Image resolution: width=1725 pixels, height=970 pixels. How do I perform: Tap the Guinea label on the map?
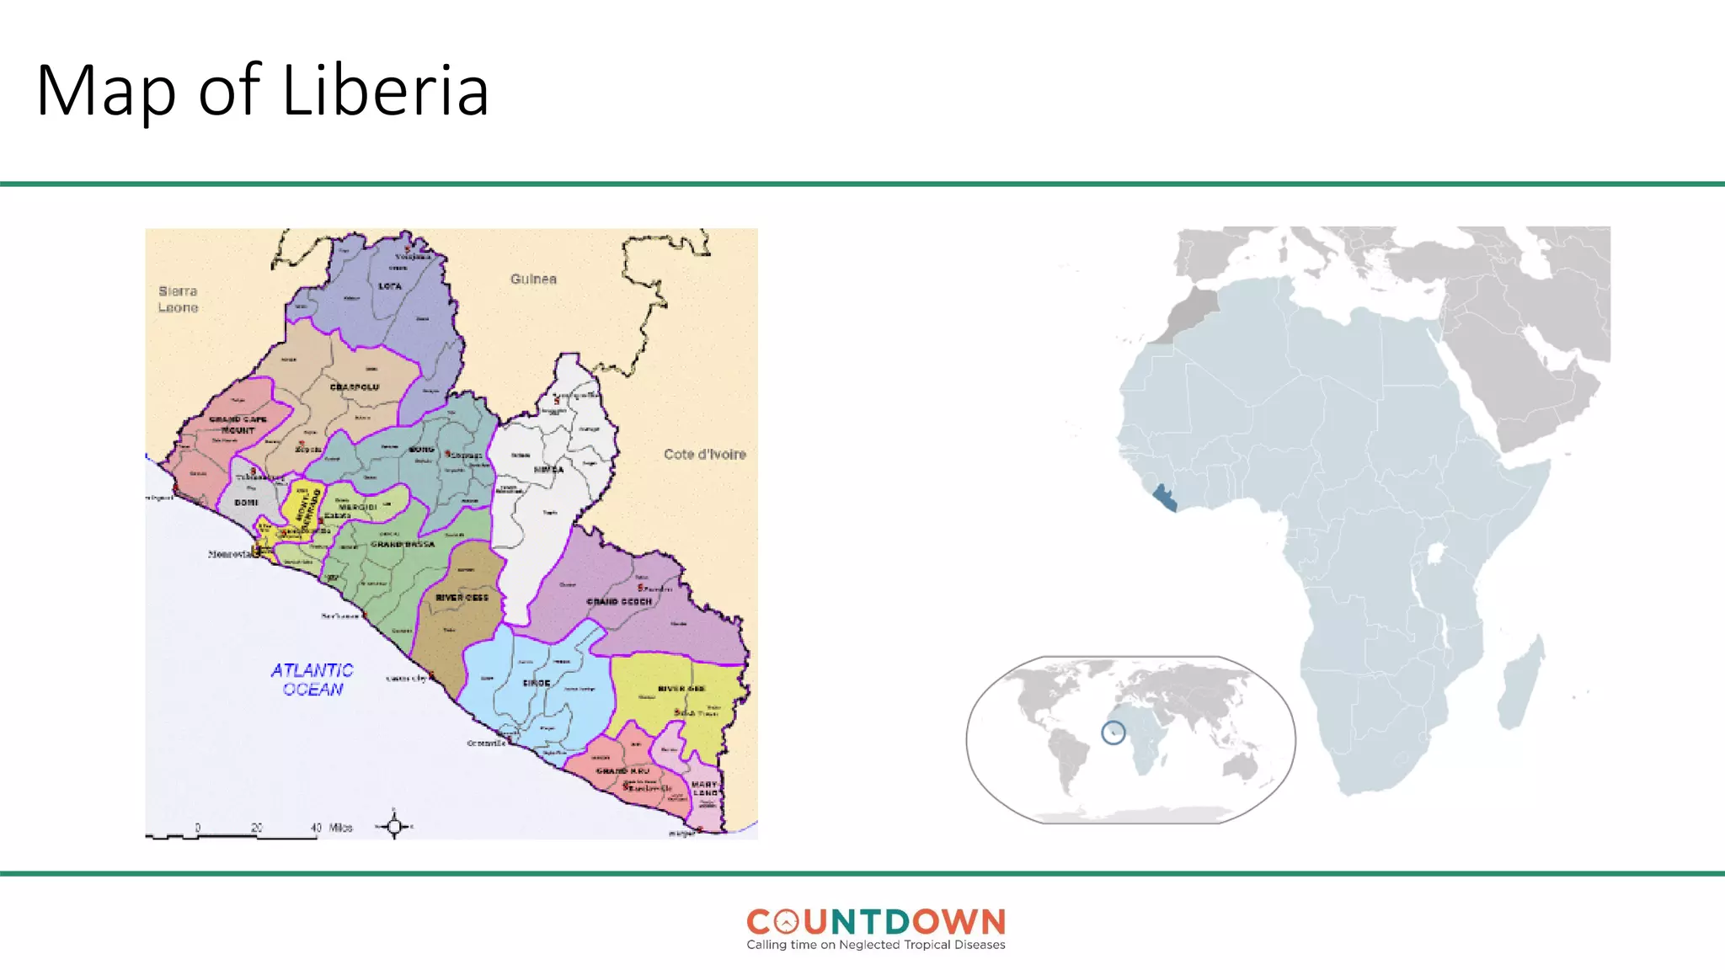pyautogui.click(x=533, y=279)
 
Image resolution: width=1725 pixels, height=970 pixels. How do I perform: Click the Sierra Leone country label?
pyautogui.click(x=178, y=299)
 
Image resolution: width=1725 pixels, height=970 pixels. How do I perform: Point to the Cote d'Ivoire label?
pyautogui.click(x=704, y=454)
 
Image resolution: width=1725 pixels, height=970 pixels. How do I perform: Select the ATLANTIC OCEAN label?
pyautogui.click(x=312, y=680)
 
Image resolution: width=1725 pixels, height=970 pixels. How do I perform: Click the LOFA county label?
pyautogui.click(x=390, y=286)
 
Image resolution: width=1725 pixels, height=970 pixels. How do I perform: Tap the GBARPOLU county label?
pyautogui.click(x=355, y=387)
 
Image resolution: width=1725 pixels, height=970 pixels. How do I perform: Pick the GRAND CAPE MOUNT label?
pyautogui.click(x=238, y=424)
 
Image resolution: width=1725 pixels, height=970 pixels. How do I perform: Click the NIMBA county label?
pyautogui.click(x=548, y=470)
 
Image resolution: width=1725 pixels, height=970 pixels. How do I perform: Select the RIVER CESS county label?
pyautogui.click(x=462, y=598)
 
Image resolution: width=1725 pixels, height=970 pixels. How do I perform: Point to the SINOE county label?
pyautogui.click(x=537, y=683)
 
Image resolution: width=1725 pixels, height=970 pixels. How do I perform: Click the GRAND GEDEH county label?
pyautogui.click(x=619, y=602)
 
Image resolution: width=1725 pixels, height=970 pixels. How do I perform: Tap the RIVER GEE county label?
pyautogui.click(x=681, y=689)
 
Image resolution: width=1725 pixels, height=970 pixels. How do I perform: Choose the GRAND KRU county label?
pyautogui.click(x=623, y=770)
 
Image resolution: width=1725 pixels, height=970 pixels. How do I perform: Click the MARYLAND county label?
pyautogui.click(x=705, y=788)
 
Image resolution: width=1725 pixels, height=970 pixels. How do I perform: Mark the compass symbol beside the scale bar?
pyautogui.click(x=394, y=826)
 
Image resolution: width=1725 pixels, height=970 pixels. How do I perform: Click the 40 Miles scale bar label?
pyautogui.click(x=332, y=828)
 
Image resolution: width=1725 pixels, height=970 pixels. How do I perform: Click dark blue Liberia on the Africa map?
pyautogui.click(x=1165, y=498)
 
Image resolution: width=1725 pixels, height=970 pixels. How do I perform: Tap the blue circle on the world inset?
pyautogui.click(x=1114, y=733)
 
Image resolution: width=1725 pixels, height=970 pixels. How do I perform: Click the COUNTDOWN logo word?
pyautogui.click(x=876, y=922)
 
